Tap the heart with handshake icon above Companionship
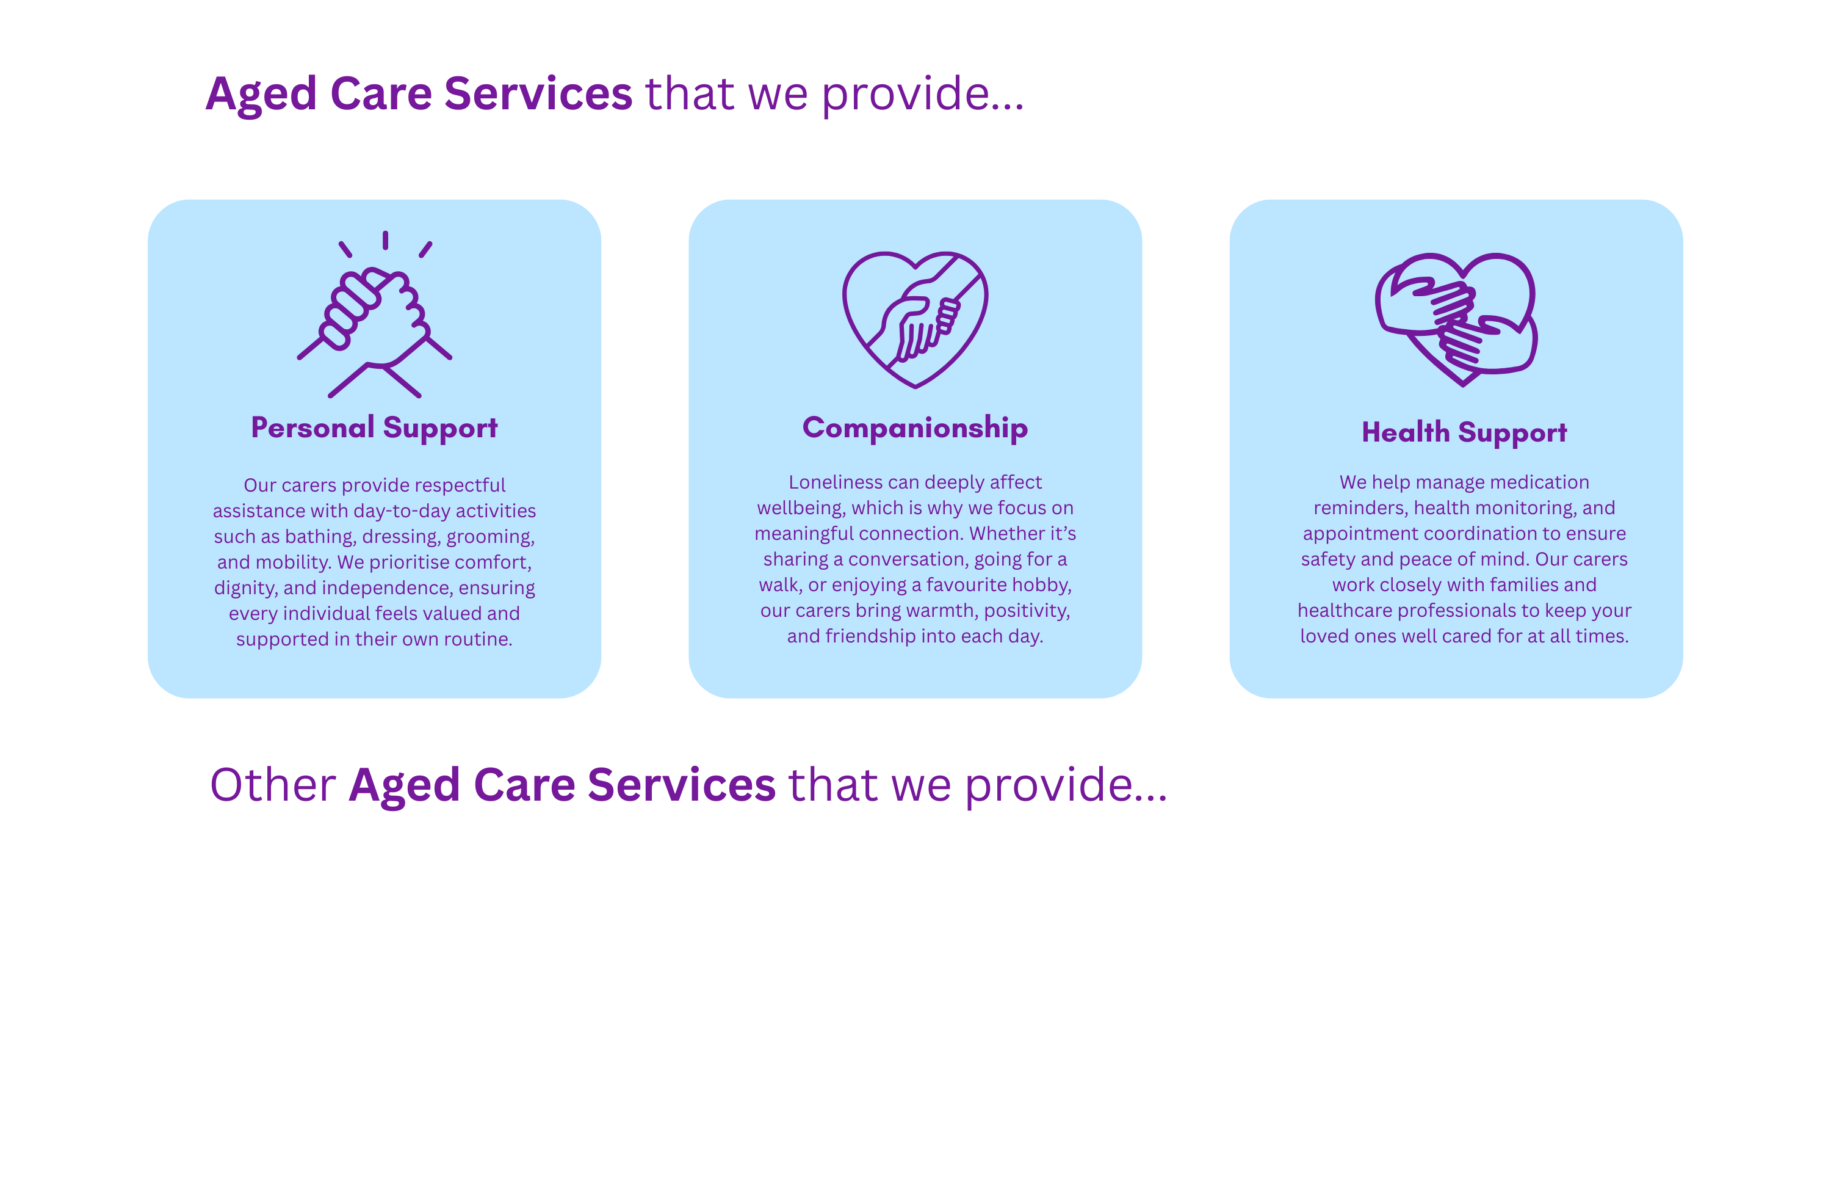click(x=915, y=319)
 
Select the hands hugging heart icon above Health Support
click(x=1456, y=319)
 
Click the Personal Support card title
click(x=374, y=428)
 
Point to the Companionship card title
click(x=915, y=428)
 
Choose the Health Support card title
click(x=1464, y=432)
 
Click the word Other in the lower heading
click(x=273, y=785)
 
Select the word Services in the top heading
click(x=538, y=94)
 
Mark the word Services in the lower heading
click(x=682, y=785)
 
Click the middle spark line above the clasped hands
click(x=386, y=240)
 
